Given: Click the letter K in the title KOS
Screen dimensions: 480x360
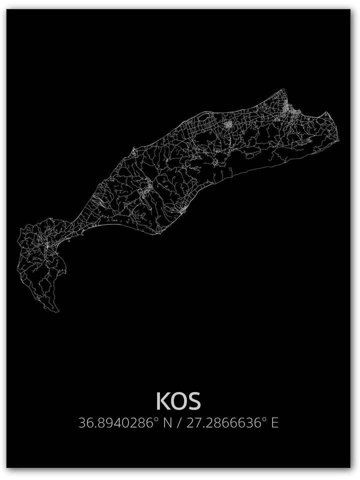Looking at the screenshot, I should click(162, 401).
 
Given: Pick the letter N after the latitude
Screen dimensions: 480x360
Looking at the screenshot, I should click(167, 423).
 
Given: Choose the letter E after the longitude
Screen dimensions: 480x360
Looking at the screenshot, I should click(274, 423).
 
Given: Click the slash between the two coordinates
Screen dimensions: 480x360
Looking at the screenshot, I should click(179, 423).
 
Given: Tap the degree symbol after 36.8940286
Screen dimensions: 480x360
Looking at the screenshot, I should click(155, 419).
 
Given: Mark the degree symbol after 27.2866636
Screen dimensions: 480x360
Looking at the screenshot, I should click(264, 419).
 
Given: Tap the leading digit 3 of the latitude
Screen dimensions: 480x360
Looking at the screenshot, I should click(82, 423).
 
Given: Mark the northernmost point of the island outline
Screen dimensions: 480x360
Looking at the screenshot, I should click(283, 89).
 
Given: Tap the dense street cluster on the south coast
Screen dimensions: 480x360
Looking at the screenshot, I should click(183, 208).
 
